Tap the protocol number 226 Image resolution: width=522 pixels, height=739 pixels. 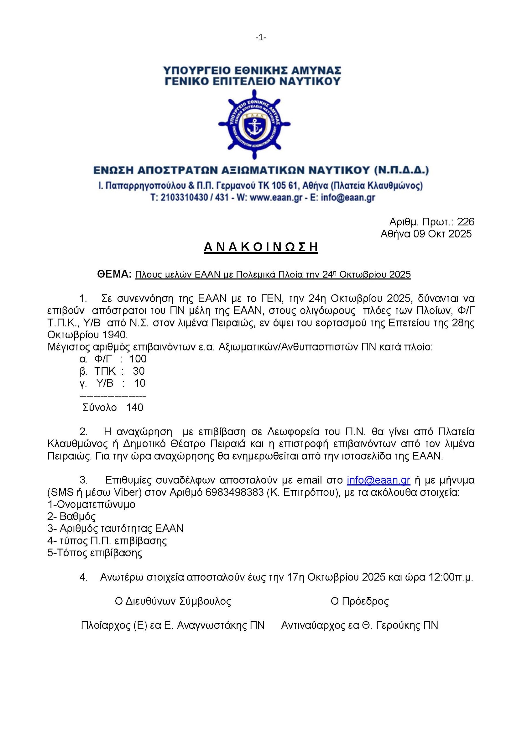click(465, 222)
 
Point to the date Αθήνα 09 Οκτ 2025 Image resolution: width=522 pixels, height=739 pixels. click(426, 234)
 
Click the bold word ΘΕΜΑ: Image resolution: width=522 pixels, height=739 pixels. click(114, 274)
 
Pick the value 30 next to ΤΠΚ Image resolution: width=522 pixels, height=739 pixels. click(139, 371)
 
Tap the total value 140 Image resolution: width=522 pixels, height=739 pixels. click(134, 408)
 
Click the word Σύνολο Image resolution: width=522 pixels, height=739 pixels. click(100, 408)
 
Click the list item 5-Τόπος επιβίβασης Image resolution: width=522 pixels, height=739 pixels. click(95, 553)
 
